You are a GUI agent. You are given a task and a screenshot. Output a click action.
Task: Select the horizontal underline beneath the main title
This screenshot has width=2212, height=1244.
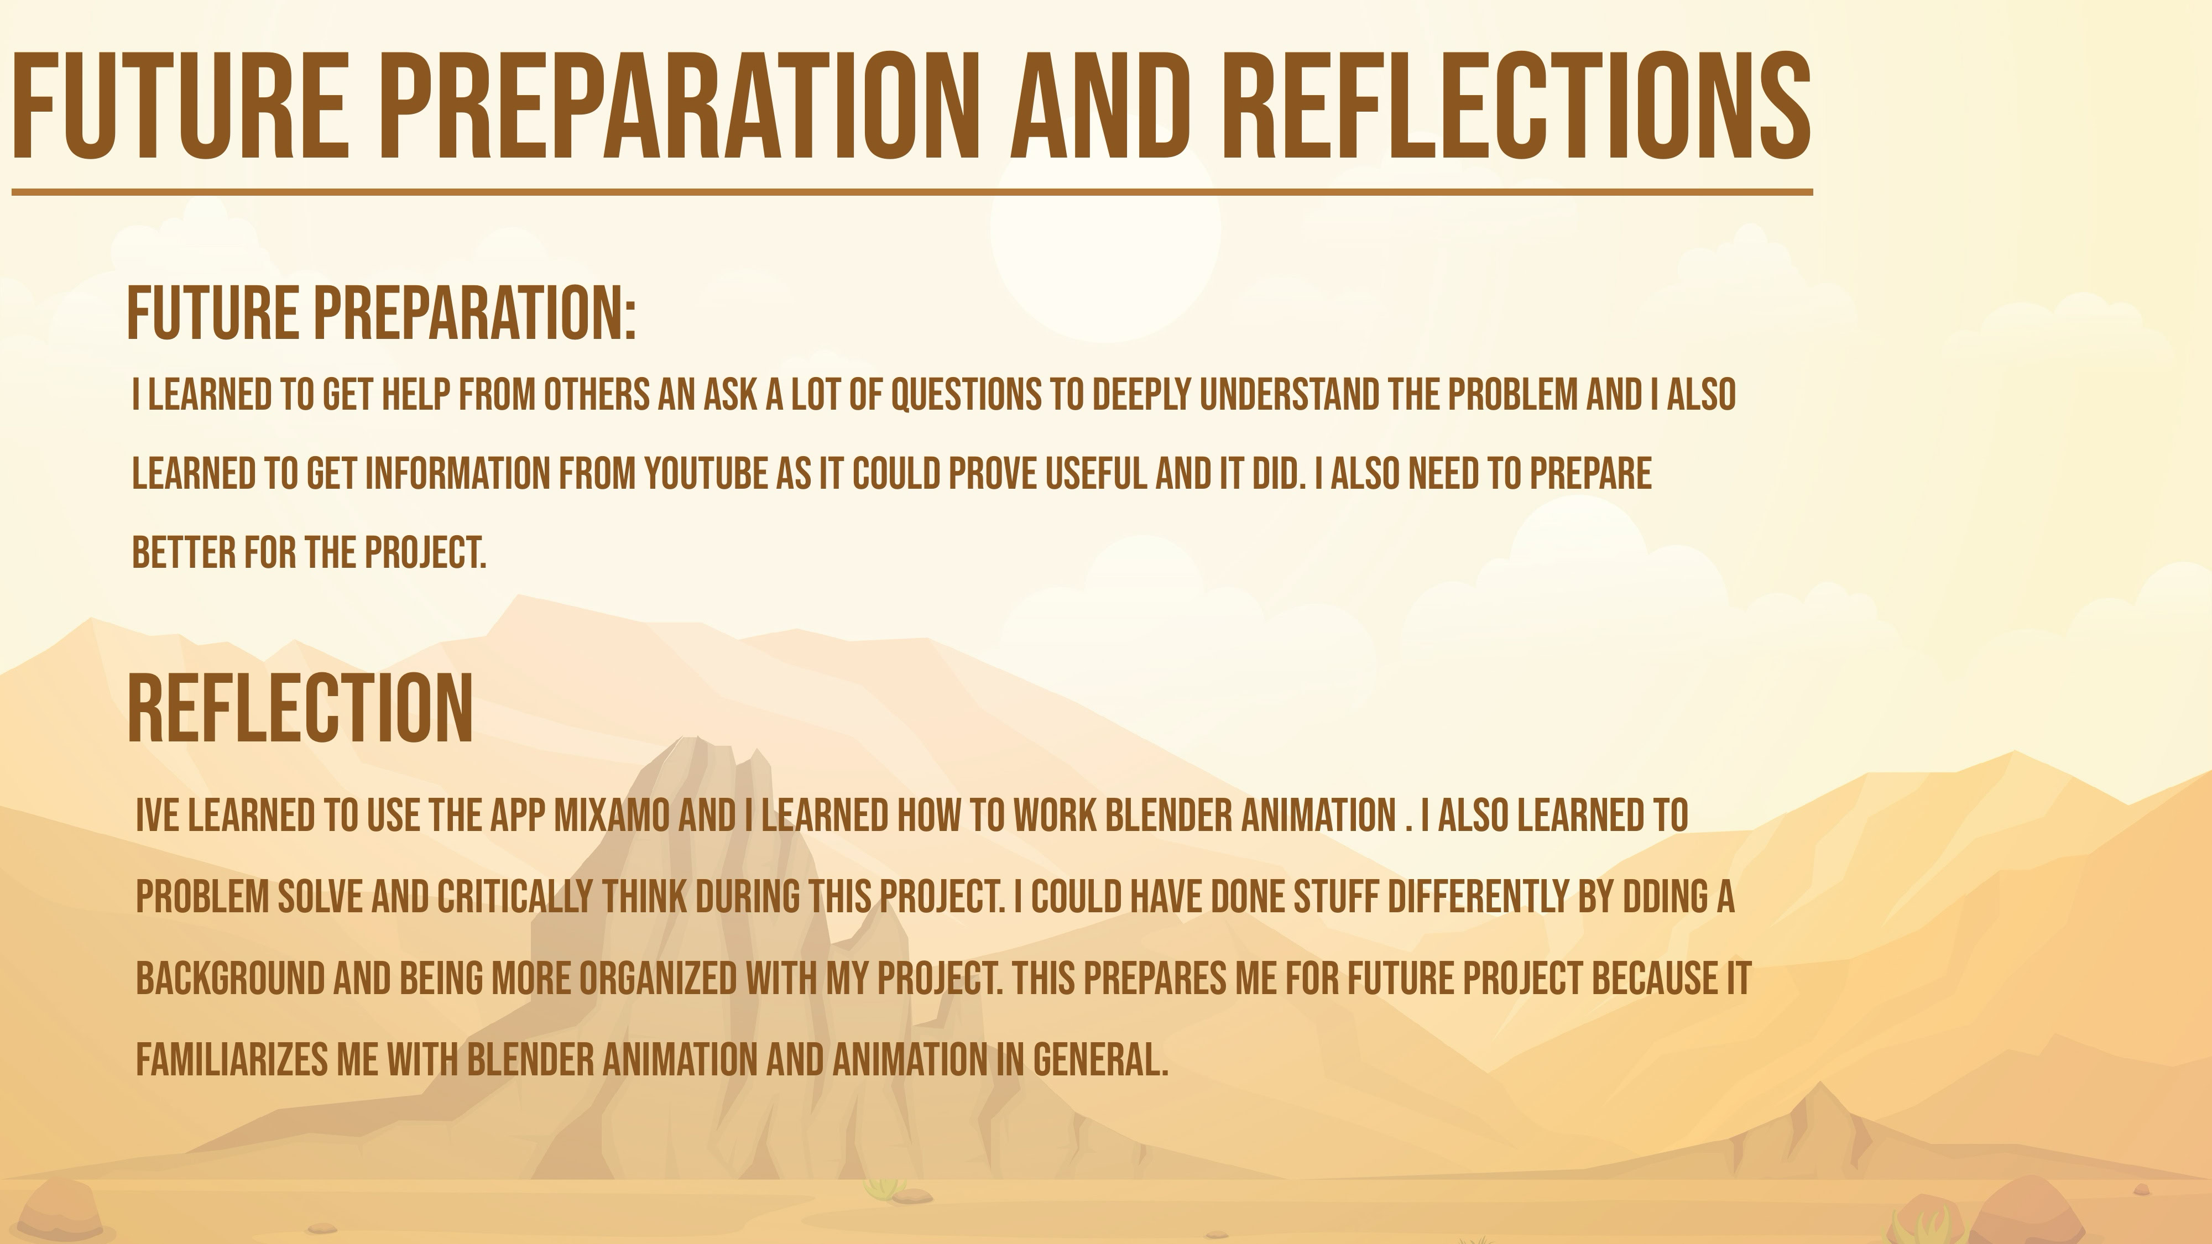tap(912, 192)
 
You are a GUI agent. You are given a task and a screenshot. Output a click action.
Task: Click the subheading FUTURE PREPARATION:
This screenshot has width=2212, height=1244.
tap(381, 314)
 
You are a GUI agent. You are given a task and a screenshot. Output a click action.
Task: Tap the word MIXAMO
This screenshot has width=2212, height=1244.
tap(612, 816)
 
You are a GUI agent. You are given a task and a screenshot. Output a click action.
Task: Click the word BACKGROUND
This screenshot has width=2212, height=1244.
tap(230, 979)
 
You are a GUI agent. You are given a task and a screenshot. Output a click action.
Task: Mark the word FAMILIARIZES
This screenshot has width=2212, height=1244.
tap(232, 1060)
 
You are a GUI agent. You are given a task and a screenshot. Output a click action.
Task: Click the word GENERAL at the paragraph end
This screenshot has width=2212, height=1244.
tap(1100, 1060)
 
